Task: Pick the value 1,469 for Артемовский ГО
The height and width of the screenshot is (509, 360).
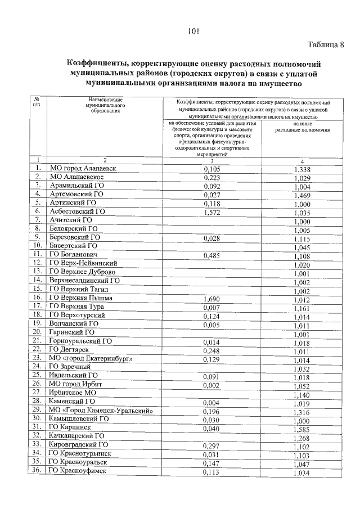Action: tap(302, 194)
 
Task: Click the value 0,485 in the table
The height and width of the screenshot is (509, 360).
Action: tap(211, 256)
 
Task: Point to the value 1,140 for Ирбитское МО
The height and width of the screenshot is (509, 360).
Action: tap(302, 393)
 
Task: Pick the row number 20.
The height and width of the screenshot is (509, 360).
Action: tap(37, 333)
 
